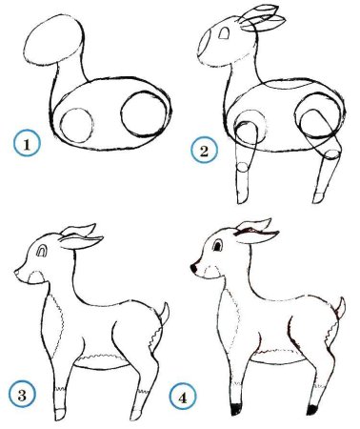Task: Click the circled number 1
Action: [27, 146]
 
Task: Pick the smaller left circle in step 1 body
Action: [73, 126]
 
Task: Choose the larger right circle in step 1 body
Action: [144, 113]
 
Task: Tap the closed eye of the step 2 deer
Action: [225, 35]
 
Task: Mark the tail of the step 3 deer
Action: [166, 314]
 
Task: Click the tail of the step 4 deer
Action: [339, 308]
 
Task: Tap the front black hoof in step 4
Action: [235, 409]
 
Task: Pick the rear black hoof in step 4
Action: [310, 409]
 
